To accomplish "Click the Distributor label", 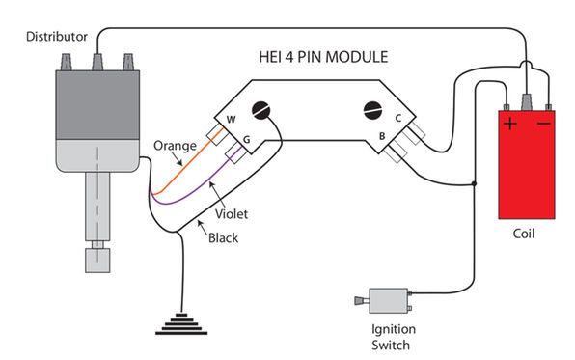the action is click(x=57, y=37).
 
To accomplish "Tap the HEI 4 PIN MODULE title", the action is click(x=323, y=57).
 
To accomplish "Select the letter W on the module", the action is click(x=231, y=120).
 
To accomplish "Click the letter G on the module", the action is click(x=246, y=139).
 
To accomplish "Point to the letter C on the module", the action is click(x=398, y=118).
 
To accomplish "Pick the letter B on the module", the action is click(x=382, y=136).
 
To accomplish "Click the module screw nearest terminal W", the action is click(x=261, y=110).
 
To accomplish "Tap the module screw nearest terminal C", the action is click(x=373, y=110).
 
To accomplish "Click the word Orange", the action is click(x=175, y=146).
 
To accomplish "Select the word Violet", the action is click(x=232, y=214).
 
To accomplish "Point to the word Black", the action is click(x=223, y=238).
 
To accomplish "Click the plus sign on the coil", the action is click(x=510, y=124).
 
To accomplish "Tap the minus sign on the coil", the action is click(x=544, y=124).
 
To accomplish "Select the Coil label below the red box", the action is click(x=524, y=234).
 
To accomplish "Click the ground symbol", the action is click(x=181, y=324).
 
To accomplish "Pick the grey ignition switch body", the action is click(x=389, y=300).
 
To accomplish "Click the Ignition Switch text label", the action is click(x=394, y=337).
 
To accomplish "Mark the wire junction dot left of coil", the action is click(x=474, y=183).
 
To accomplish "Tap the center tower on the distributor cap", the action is click(x=97, y=62).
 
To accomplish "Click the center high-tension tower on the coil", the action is click(x=527, y=101).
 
